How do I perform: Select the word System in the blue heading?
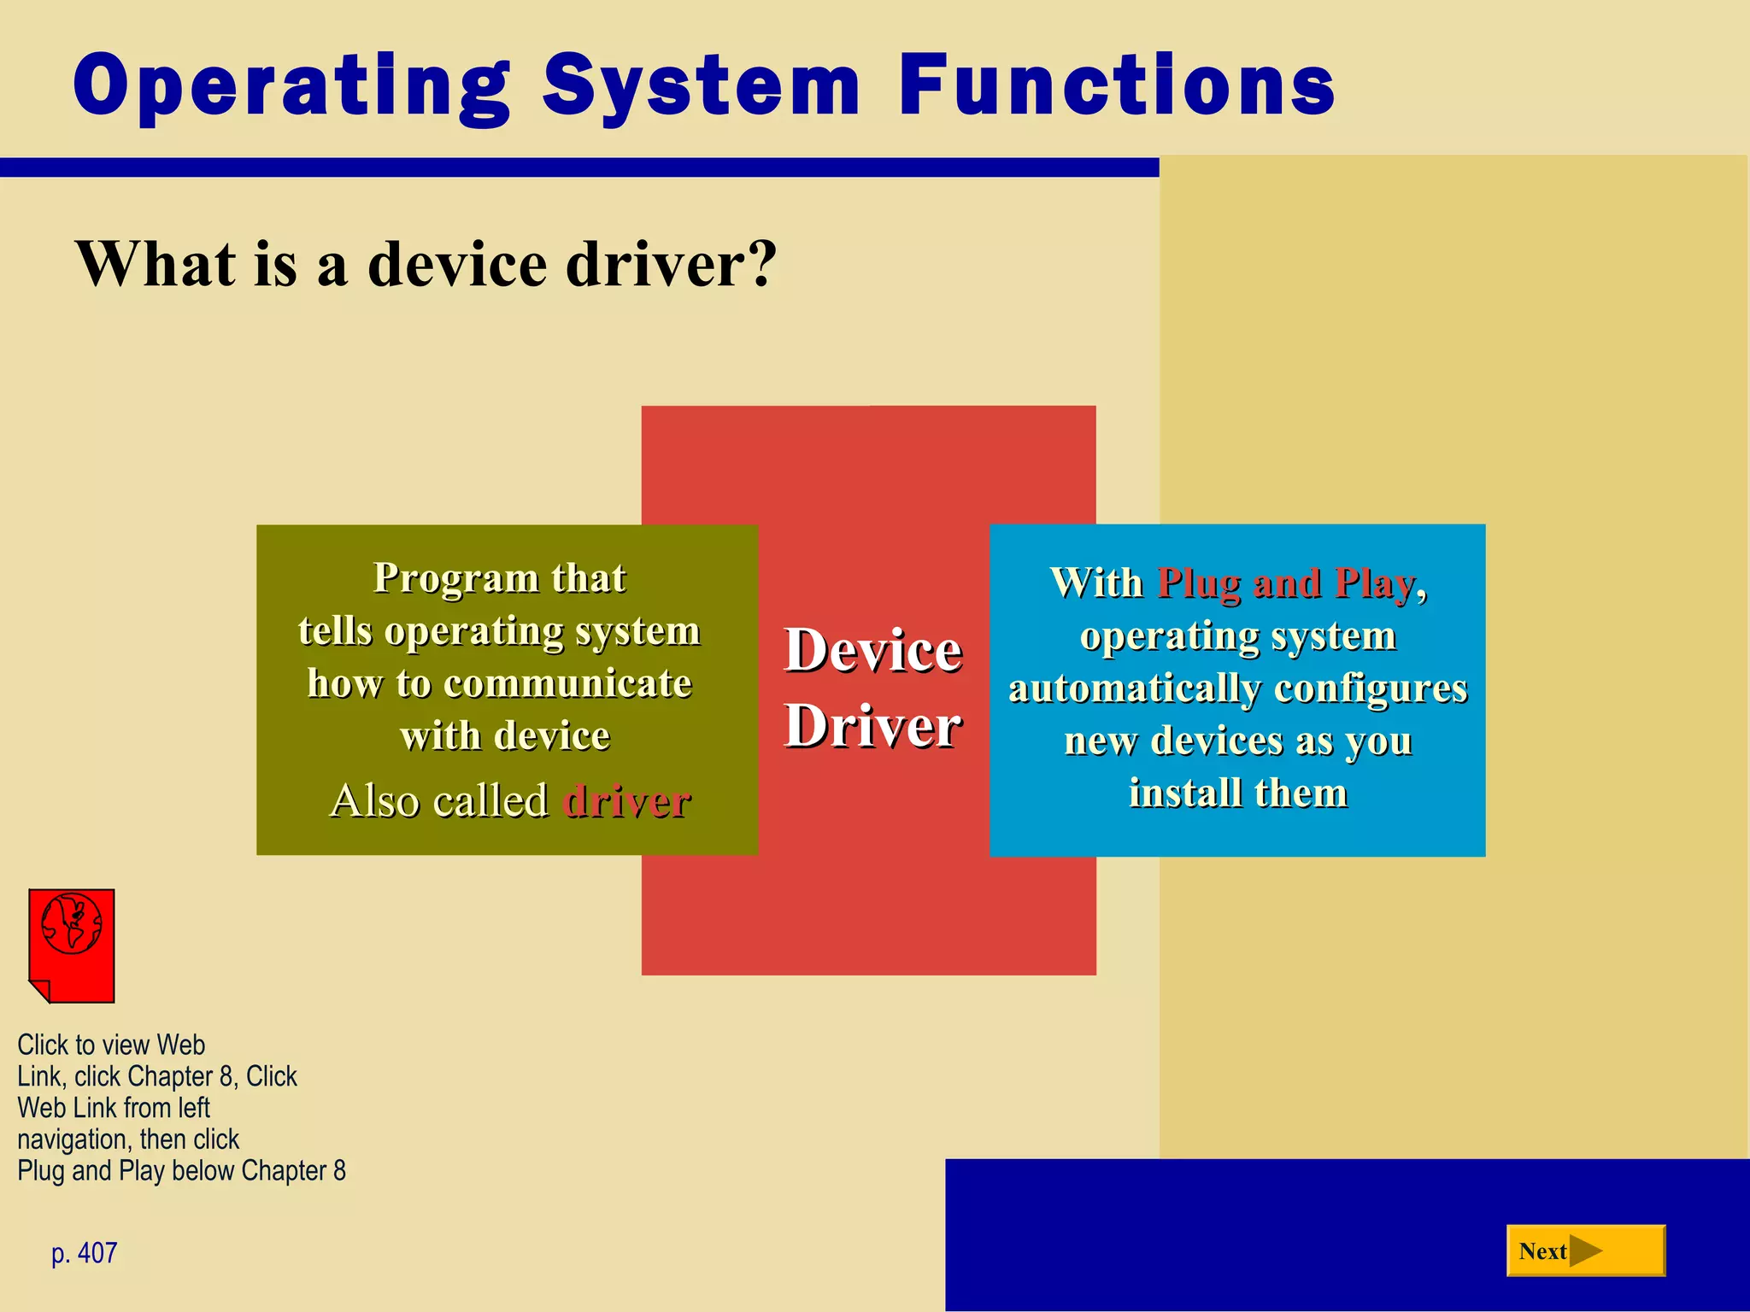tap(701, 85)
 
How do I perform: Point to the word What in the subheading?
tap(155, 263)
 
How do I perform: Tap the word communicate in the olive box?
tap(567, 683)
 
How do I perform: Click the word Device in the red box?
tap(873, 650)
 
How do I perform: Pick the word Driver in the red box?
tap(873, 726)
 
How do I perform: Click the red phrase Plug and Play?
tap(1286, 583)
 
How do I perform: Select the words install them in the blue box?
tap(1237, 793)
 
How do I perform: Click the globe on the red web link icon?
tap(72, 923)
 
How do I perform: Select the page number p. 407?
tap(84, 1253)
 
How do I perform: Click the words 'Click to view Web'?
tap(111, 1045)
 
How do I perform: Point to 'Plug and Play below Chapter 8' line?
tap(181, 1170)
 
